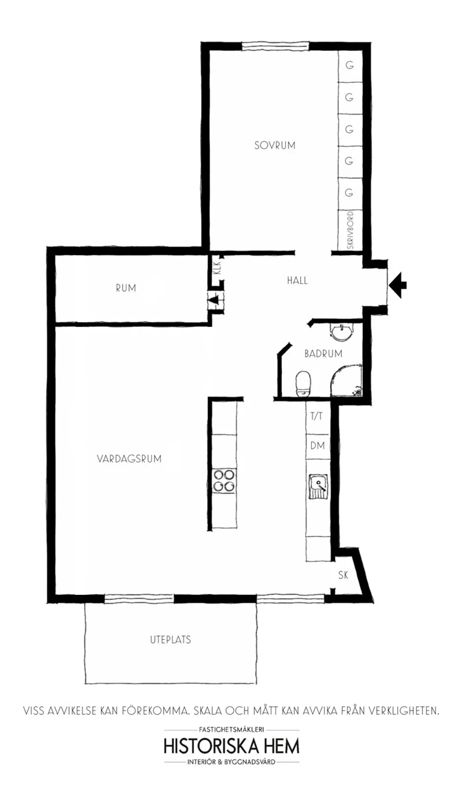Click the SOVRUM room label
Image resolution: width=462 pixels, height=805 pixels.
[274, 145]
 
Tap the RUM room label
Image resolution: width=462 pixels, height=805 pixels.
[126, 288]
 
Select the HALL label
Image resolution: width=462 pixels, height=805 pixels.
[297, 280]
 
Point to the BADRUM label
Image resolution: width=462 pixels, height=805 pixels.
[323, 354]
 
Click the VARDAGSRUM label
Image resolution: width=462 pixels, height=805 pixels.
[129, 459]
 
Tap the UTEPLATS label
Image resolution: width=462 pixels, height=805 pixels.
[170, 640]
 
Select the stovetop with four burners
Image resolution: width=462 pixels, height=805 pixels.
[224, 480]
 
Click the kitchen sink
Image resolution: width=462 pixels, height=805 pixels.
[318, 487]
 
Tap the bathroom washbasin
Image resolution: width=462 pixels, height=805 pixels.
[342, 331]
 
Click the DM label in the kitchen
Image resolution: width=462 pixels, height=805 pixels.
[317, 446]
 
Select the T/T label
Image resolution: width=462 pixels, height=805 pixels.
[316, 416]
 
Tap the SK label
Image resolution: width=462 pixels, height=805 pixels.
[343, 575]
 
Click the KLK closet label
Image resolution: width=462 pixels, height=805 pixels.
[218, 268]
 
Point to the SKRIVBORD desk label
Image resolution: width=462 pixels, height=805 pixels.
[350, 230]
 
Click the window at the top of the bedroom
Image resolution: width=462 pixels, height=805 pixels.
[275, 45]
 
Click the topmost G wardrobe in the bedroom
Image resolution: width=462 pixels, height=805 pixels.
[350, 66]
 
